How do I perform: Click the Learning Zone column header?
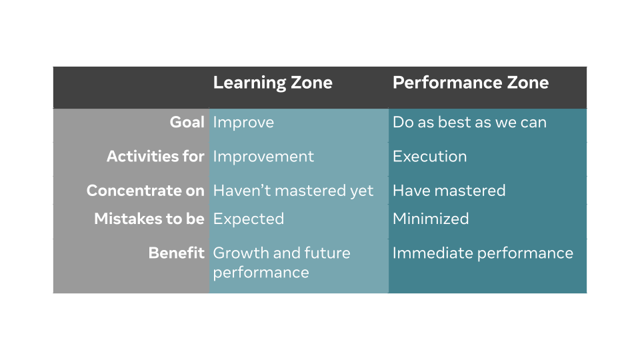point(273,83)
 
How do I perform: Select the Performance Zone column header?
point(471,83)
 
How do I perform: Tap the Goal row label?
point(187,122)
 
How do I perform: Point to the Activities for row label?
point(155,156)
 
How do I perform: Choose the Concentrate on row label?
point(145,191)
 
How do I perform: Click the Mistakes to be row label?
point(149,219)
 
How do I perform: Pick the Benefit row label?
point(176,253)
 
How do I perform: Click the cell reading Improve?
point(244,123)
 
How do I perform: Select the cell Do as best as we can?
point(469,123)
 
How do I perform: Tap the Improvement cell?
point(264,157)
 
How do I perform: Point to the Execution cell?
point(430,157)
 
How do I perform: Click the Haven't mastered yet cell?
point(293,191)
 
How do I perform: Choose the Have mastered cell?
point(449,191)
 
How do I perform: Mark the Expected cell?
point(249,219)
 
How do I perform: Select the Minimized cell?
point(431,219)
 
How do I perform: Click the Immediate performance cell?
point(483,253)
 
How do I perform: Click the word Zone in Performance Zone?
point(528,83)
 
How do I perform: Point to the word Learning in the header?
point(250,83)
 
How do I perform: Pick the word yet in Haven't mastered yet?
point(361,191)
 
